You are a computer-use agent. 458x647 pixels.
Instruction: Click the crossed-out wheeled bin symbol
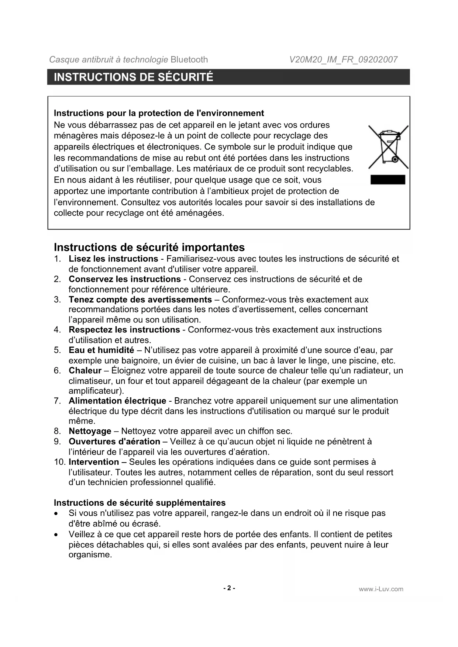tap(388, 147)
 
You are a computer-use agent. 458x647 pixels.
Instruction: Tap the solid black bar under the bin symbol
tap(388, 180)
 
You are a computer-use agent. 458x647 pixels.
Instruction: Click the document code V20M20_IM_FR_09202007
tap(343, 60)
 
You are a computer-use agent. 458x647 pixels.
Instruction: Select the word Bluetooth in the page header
tap(189, 60)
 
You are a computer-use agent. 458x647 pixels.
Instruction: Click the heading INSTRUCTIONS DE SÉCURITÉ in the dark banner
tap(134, 77)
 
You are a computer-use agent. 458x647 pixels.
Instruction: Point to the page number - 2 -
tap(229, 588)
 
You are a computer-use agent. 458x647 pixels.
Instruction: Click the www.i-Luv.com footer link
tap(381, 589)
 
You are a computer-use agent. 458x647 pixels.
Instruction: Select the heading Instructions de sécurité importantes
tap(149, 247)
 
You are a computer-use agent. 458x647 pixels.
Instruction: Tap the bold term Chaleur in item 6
tap(85, 370)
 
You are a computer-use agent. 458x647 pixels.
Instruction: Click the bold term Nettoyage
tap(90, 431)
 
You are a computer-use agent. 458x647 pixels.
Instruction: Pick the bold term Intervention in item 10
tap(94, 462)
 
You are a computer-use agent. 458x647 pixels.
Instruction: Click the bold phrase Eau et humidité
tap(101, 350)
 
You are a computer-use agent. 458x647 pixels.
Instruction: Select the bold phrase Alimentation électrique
tap(117, 401)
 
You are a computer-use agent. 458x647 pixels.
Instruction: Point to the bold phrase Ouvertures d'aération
tap(114, 442)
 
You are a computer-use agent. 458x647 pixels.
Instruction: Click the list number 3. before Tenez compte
tap(57, 300)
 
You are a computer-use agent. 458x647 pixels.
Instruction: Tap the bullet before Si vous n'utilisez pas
tap(56, 514)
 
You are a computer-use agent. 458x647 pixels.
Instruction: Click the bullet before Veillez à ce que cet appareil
tap(56, 535)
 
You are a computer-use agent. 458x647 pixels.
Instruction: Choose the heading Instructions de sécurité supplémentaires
tap(140, 503)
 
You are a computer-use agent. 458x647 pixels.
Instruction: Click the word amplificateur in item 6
tap(95, 391)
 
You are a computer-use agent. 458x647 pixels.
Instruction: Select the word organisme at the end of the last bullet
tap(89, 555)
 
